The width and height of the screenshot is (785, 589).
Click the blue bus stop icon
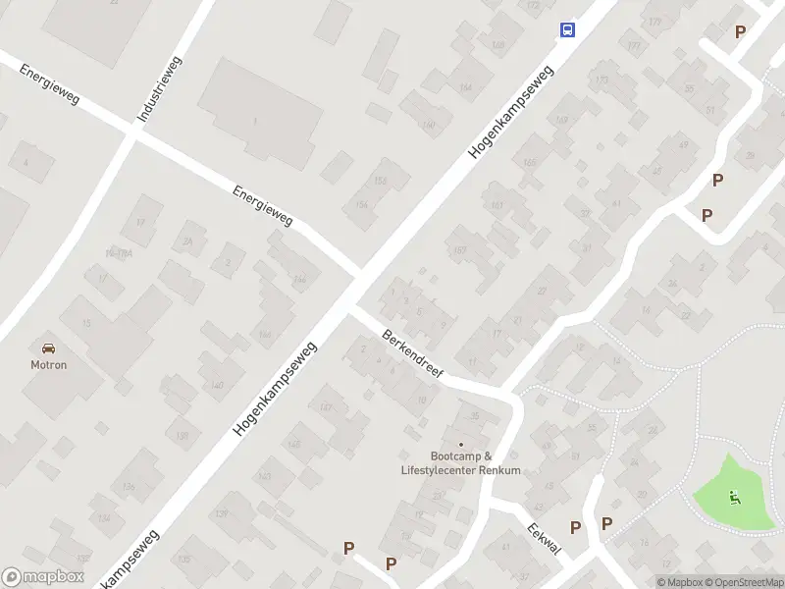coord(567,29)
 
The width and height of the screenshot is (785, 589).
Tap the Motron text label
coord(48,364)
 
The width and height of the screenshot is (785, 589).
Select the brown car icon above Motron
coord(48,347)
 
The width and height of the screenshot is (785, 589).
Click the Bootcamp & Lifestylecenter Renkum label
coord(461,463)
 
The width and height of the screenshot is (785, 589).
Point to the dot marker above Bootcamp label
coord(460,444)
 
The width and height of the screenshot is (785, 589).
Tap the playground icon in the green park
coord(733,497)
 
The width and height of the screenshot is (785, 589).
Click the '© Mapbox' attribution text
coord(679,583)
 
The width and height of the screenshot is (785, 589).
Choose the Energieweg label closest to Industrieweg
coord(48,86)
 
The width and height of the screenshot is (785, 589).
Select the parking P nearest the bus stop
coord(740,32)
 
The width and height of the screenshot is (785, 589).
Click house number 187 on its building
coord(458,250)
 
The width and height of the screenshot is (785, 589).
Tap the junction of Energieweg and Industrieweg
coord(134,133)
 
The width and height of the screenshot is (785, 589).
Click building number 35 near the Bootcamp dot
coord(476,416)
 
